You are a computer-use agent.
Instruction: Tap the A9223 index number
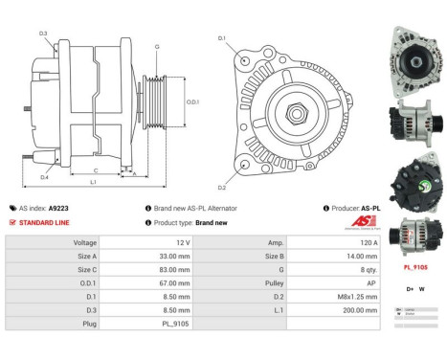58,208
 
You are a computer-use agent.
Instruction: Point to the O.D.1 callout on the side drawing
191,102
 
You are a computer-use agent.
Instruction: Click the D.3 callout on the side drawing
43,34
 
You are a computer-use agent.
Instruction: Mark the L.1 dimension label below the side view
93,182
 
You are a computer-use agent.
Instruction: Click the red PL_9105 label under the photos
414,268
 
